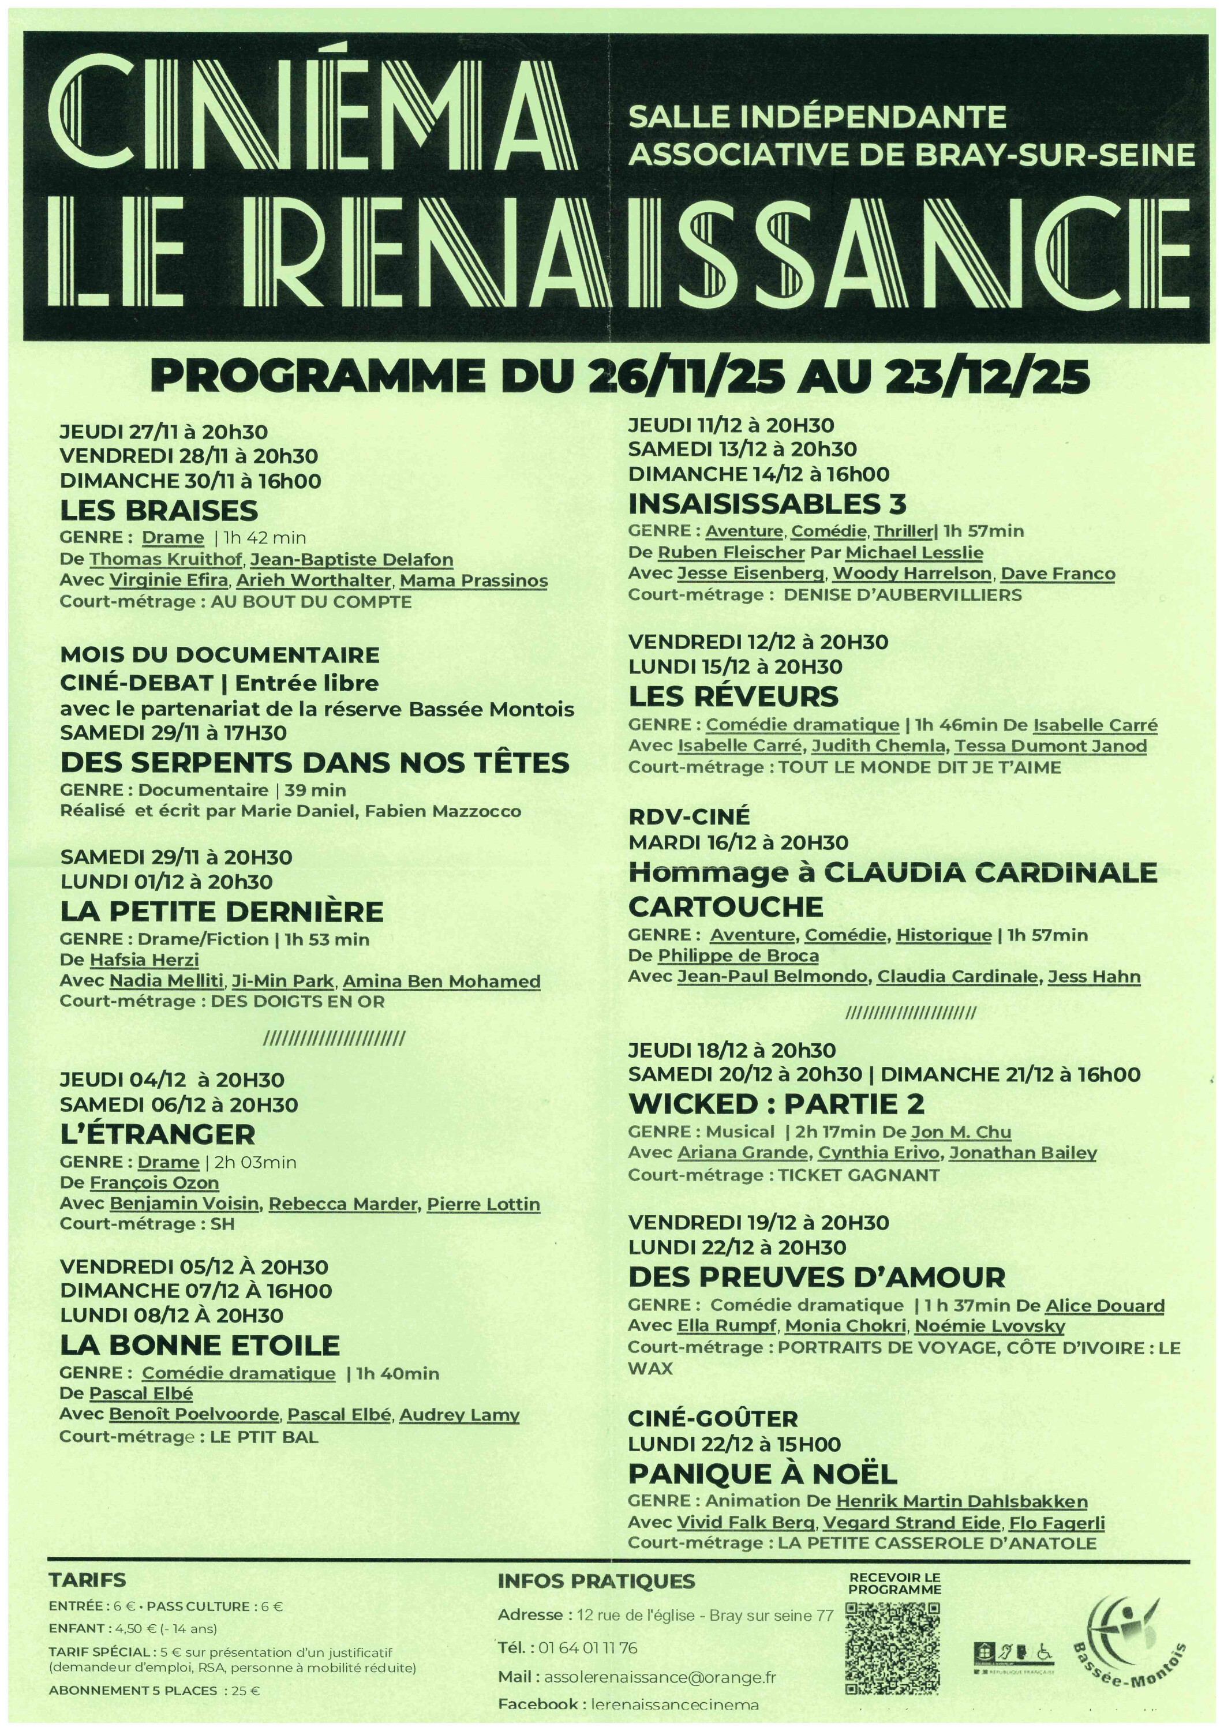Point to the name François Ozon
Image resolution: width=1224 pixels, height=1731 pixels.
[x=154, y=1183]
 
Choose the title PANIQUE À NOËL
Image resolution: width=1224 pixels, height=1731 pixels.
[x=762, y=1473]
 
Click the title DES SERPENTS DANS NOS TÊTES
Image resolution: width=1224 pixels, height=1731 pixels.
[x=315, y=763]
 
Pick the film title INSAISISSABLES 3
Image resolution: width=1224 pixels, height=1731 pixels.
[x=767, y=503]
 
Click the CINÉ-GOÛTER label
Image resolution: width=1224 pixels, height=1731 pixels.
[x=713, y=1419]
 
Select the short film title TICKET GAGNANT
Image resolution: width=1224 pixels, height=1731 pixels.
[x=858, y=1175]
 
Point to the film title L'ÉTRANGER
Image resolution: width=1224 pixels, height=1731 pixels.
[x=158, y=1134]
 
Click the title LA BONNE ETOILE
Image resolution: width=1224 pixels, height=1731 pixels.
[x=200, y=1345]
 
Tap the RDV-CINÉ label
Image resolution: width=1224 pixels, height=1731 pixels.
[x=688, y=816]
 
